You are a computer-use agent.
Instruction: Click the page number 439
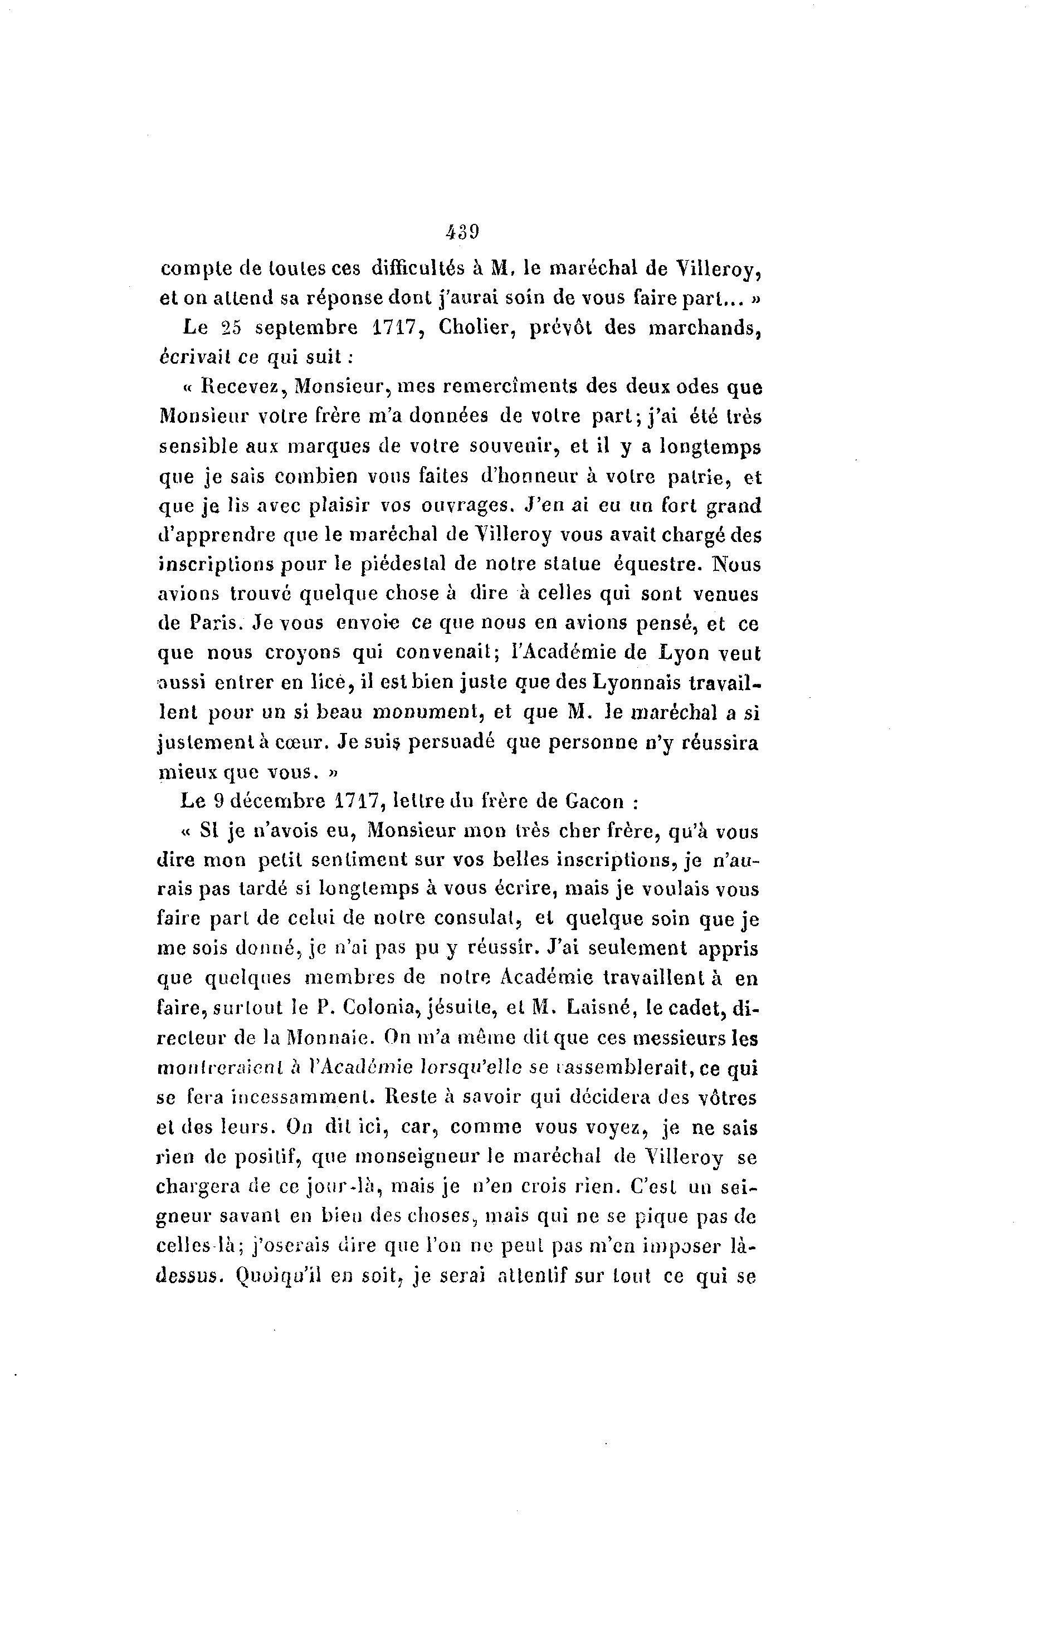tap(461, 233)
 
